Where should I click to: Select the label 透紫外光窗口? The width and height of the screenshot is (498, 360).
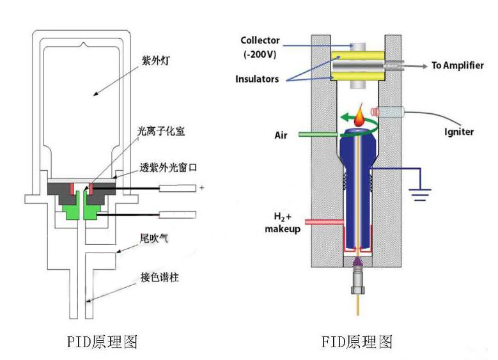(x=169, y=169)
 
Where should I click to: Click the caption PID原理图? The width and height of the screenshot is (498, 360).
(x=102, y=342)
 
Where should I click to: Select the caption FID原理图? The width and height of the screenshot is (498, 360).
(x=356, y=342)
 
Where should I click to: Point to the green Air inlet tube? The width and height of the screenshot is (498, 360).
(x=317, y=135)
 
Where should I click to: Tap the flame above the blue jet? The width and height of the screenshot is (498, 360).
(x=362, y=116)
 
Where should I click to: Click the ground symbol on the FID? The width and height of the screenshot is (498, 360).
(x=420, y=194)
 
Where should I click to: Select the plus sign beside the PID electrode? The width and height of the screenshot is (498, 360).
(x=201, y=188)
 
